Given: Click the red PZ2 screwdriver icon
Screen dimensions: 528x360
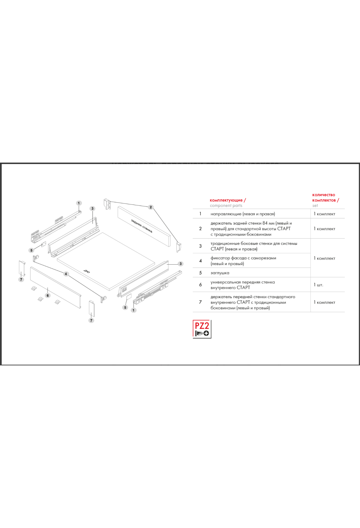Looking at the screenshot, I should coord(202,329).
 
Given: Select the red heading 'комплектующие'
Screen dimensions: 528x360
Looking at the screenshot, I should coord(226,200).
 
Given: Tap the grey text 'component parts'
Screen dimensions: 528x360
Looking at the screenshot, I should coord(226,205).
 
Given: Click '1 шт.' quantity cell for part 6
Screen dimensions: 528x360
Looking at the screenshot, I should coord(318,285).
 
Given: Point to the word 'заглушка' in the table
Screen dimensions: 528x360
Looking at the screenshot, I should coord(220,273).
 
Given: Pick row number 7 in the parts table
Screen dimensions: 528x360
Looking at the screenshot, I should coord(200,302).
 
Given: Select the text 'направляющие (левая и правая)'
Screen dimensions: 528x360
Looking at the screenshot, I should coord(243,214).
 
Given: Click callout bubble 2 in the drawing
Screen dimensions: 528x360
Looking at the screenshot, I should coord(151,207).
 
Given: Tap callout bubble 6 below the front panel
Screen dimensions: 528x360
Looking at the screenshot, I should coord(48,295).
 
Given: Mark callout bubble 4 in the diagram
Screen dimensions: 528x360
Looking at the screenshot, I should coord(66,274).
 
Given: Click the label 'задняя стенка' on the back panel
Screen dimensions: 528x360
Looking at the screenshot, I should coord(142,226).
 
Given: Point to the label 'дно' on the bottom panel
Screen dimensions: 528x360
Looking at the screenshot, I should coord(86,271).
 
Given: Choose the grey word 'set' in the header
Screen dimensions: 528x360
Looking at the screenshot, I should coord(315,205).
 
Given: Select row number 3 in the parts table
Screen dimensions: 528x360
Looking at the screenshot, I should coord(200,246).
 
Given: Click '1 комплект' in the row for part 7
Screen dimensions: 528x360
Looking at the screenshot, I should coord(324,302).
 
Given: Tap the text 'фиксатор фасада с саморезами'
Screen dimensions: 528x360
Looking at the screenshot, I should coord(243,258).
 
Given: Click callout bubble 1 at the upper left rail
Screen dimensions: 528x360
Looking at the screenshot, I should coord(79,203).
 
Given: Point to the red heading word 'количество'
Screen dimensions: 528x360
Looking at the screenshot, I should coord(323,195).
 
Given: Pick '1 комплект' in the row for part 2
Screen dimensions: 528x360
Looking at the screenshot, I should coord(324,229).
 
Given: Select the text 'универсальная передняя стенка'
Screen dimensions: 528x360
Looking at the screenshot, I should coord(242,282).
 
